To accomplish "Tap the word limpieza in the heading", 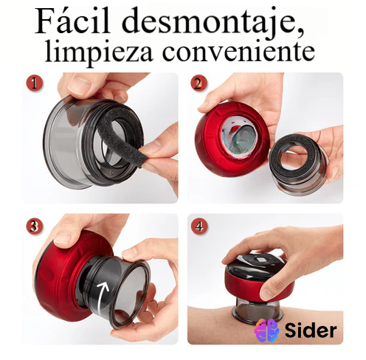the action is click(x=99, y=52).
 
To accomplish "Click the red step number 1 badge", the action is click(x=34, y=83).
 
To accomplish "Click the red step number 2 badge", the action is click(x=198, y=84).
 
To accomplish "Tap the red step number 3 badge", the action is click(x=35, y=226).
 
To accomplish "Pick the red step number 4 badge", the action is click(x=199, y=226).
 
